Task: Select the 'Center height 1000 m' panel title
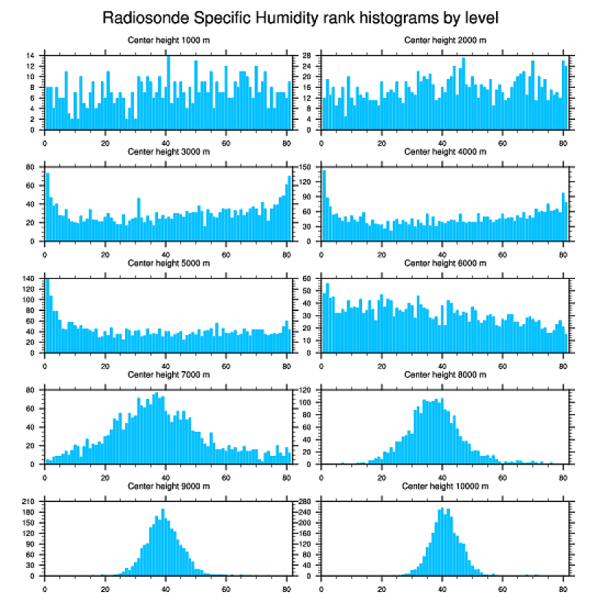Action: coord(168,40)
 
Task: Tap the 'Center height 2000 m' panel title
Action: coord(445,40)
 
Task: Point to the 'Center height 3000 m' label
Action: coord(168,151)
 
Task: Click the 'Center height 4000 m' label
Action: coord(445,151)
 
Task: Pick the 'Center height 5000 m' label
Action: coord(168,263)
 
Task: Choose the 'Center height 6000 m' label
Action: coord(445,263)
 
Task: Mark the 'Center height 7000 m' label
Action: coord(168,375)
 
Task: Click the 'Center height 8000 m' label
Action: coord(445,375)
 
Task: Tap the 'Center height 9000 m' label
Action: coord(168,486)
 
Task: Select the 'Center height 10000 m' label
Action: coord(445,486)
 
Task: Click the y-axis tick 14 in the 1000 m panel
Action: coord(31,56)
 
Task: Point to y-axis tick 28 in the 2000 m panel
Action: coord(308,56)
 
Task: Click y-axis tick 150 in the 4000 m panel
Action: coord(307,167)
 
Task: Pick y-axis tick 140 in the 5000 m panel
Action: coord(29,279)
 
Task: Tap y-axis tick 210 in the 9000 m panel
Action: coord(29,502)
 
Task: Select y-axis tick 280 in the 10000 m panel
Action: coord(307,502)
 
